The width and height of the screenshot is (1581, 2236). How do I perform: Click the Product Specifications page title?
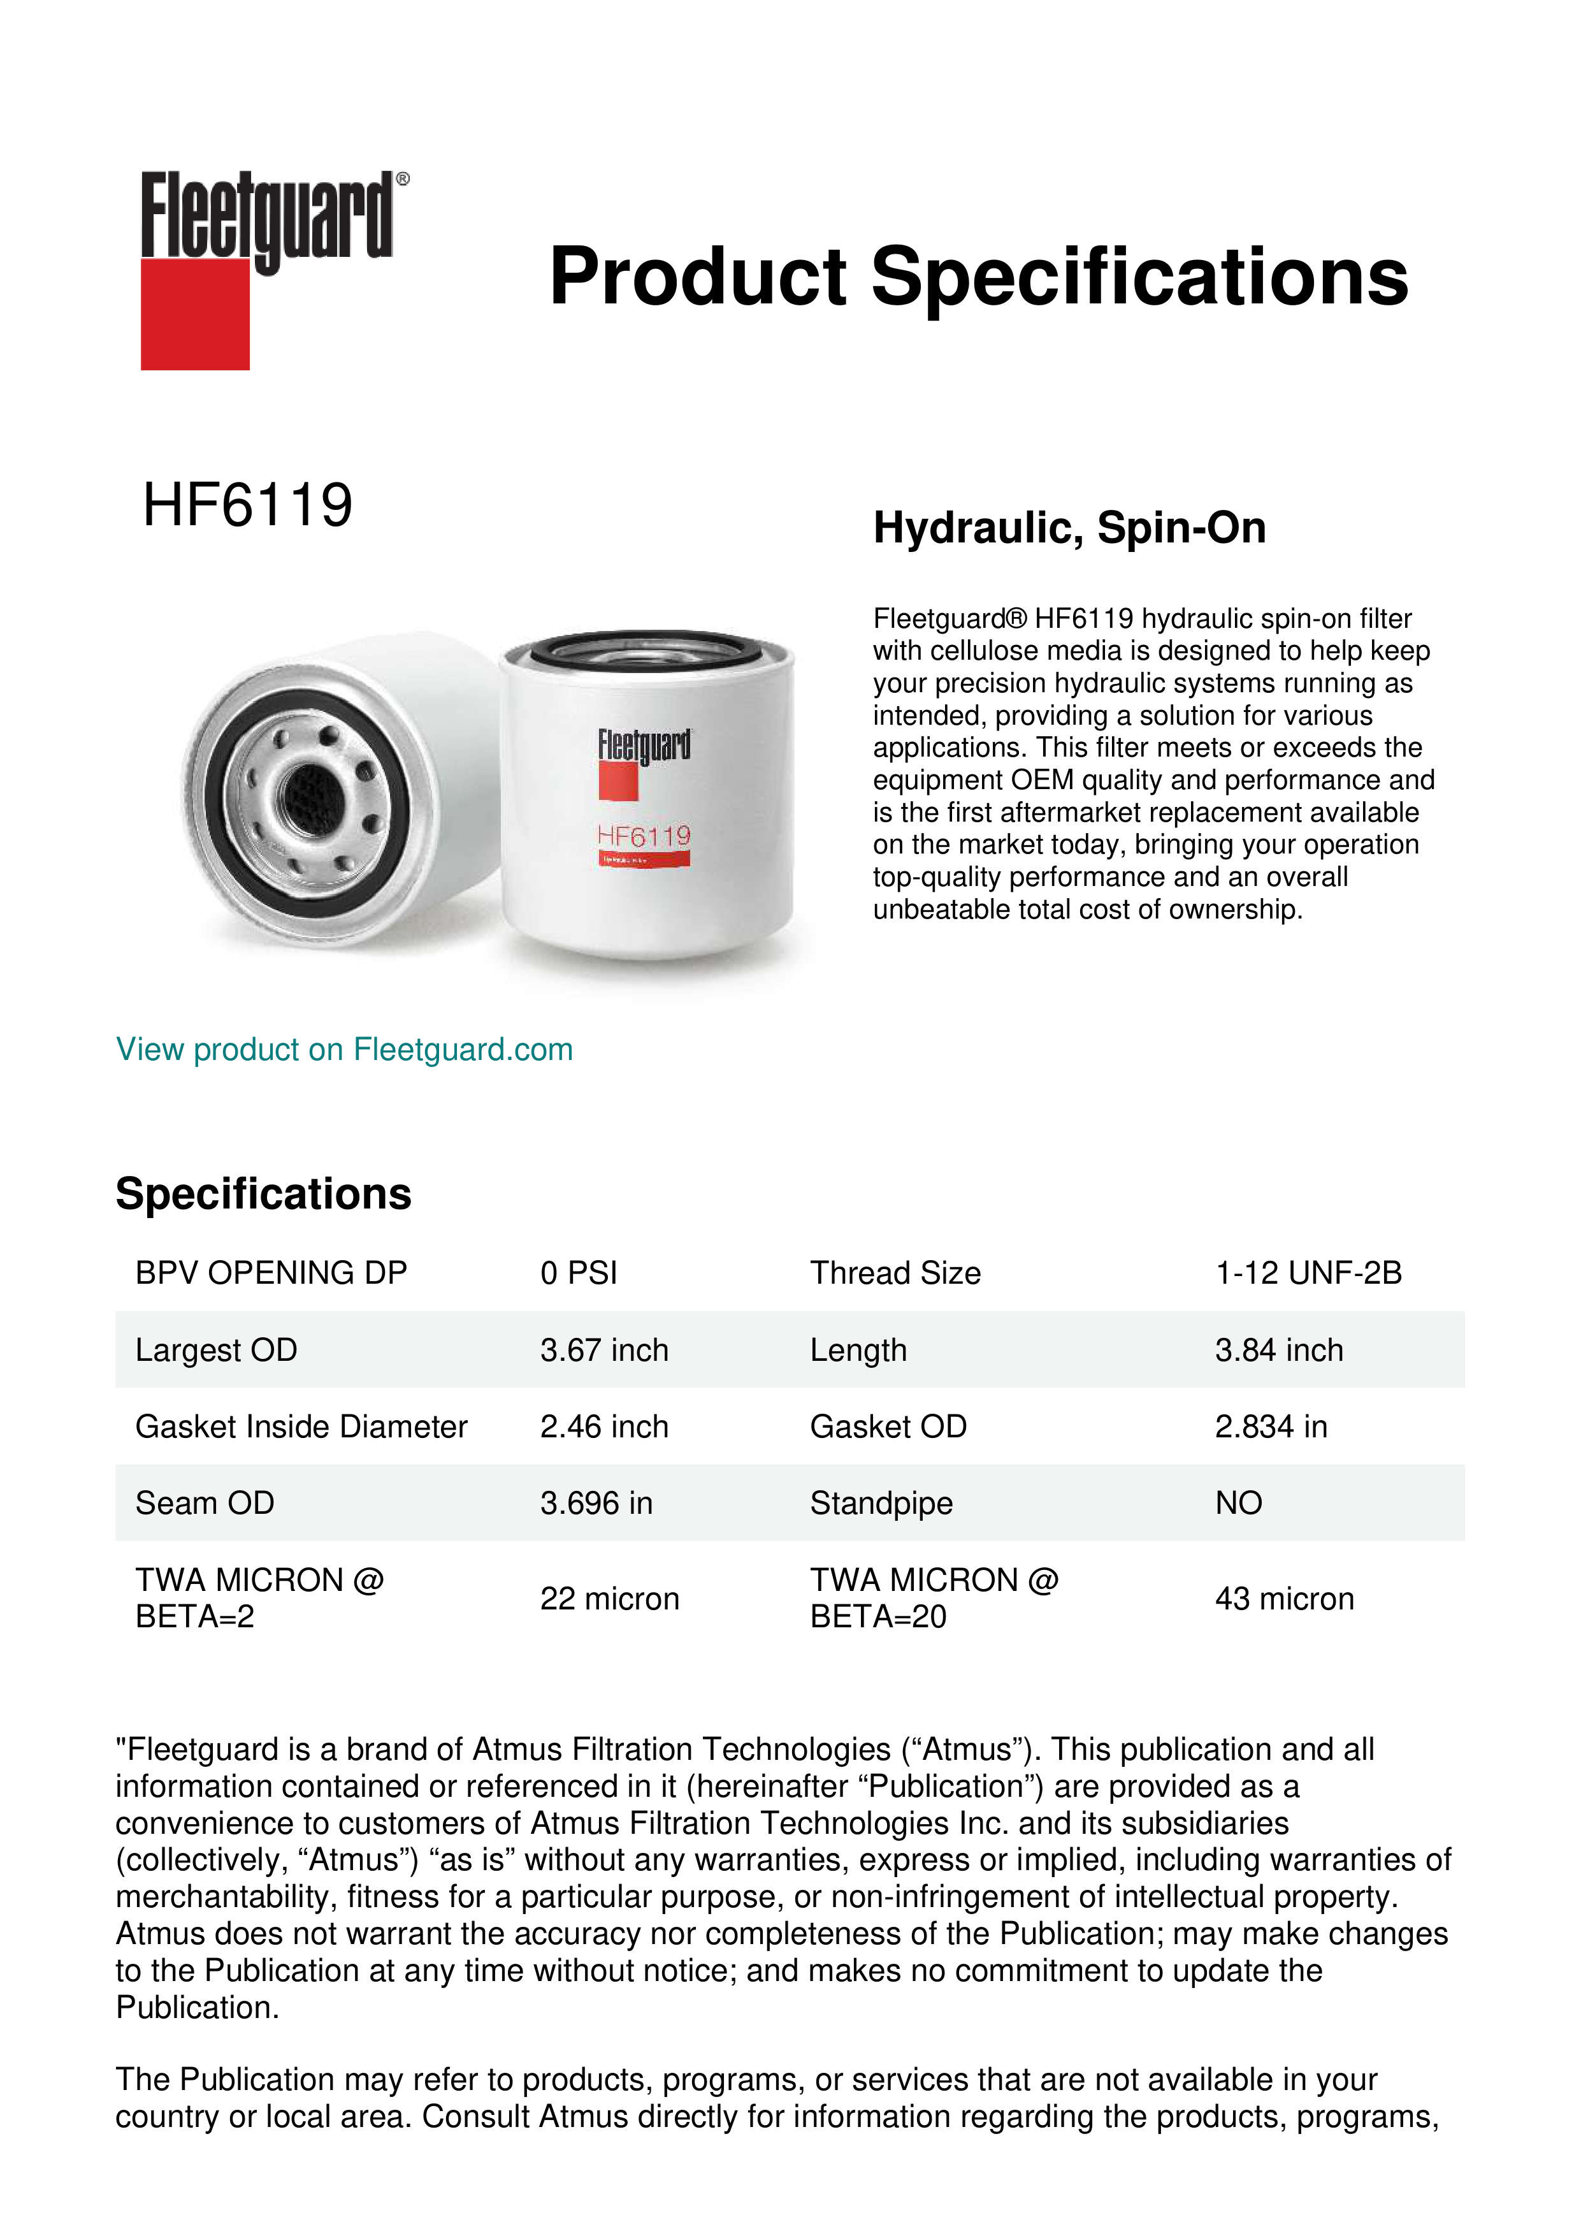click(978, 277)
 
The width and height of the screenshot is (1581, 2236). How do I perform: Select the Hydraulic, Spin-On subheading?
click(1069, 528)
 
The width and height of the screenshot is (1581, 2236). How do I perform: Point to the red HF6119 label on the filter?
click(644, 836)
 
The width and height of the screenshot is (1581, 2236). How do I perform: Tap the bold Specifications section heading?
click(263, 1194)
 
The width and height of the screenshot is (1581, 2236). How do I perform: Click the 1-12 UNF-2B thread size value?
click(1308, 1273)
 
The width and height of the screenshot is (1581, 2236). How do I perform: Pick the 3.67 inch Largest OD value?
click(603, 1350)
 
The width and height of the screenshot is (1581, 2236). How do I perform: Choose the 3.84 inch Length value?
click(1278, 1350)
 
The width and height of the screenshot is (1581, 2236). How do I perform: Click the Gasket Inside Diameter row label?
click(301, 1427)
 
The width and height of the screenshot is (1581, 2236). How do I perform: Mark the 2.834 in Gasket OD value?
click(1271, 1427)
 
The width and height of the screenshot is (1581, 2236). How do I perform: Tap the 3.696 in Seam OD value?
click(596, 1504)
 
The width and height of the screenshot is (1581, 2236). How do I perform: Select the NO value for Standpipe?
click(1238, 1504)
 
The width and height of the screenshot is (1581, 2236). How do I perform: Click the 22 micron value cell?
click(609, 1599)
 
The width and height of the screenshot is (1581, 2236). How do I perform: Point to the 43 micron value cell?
click(1284, 1599)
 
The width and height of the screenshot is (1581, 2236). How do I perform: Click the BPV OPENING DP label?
click(271, 1273)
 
